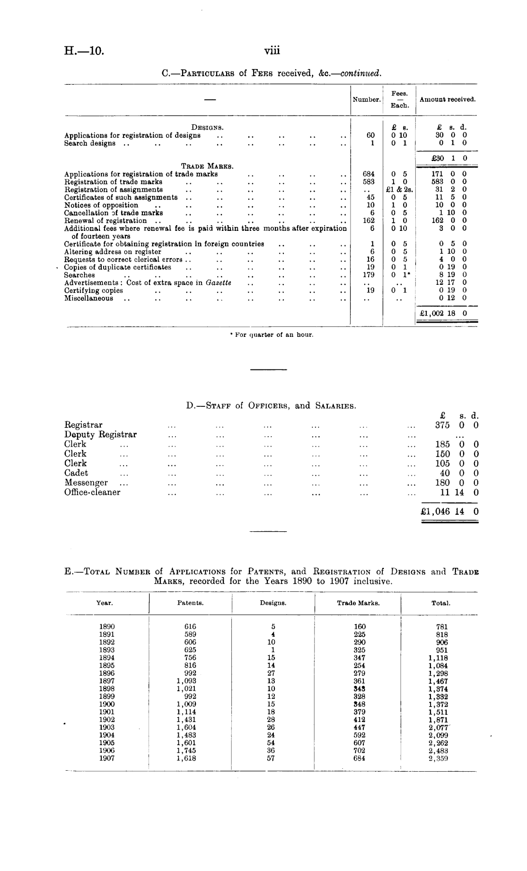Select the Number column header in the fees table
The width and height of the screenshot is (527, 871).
point(366,100)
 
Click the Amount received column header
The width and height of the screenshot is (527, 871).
point(447,99)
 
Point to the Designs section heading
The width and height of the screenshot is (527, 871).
point(207,127)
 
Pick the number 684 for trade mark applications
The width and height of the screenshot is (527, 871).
point(369,174)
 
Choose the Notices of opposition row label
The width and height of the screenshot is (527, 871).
point(101,205)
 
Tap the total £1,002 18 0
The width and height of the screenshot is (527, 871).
point(444,313)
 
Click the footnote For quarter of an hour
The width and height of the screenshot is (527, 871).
point(272,335)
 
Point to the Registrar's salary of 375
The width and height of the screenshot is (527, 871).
point(442,425)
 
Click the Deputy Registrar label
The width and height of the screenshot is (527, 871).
point(100,434)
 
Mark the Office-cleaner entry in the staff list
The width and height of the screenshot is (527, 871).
point(92,492)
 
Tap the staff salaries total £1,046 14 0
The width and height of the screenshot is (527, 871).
point(449,511)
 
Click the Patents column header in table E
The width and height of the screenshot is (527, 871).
point(190,603)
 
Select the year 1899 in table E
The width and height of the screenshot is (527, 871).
point(107,696)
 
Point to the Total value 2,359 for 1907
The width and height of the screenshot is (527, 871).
point(438,758)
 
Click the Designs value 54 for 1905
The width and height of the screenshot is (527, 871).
point(271,743)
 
